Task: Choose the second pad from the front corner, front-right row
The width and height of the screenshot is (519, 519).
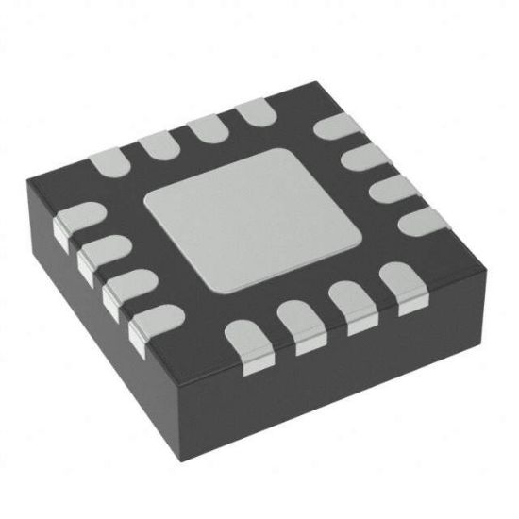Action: point(302,321)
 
